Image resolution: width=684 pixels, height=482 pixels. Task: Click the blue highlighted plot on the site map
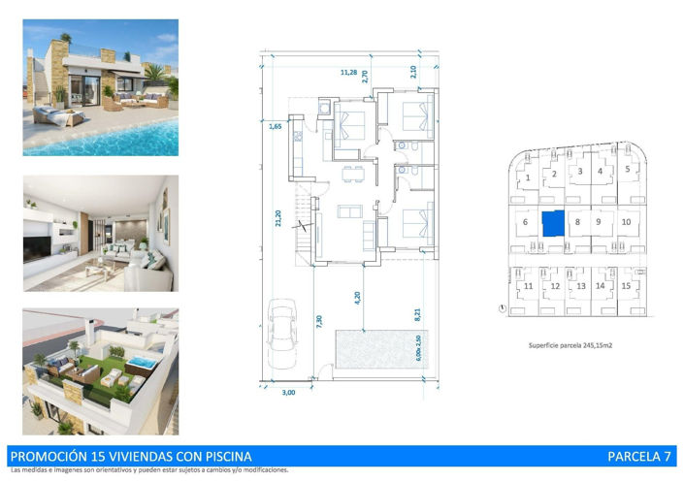tap(552, 224)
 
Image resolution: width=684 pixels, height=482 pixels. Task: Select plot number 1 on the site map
tap(527, 178)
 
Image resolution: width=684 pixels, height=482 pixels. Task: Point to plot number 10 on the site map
tap(626, 221)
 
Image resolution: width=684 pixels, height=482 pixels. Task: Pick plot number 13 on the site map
tap(580, 286)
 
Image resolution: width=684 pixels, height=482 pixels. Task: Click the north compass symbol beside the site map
tap(501, 309)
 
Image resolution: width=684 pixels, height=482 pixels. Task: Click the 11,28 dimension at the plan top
tap(348, 72)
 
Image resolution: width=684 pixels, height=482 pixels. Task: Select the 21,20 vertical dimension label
tap(278, 219)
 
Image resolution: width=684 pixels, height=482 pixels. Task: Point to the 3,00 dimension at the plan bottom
tap(288, 394)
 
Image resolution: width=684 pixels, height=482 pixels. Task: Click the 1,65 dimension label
tap(276, 126)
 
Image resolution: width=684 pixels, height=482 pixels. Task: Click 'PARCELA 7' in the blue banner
tap(638, 456)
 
